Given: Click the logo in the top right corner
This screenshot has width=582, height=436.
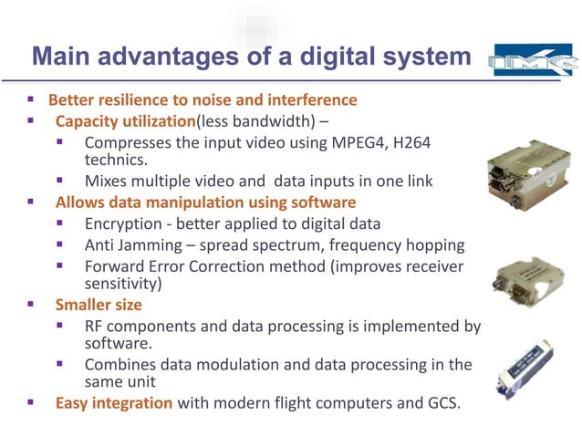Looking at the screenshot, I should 533,60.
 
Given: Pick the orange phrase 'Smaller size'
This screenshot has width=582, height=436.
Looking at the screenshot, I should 99,305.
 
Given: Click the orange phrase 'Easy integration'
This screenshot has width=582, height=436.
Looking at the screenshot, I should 113,402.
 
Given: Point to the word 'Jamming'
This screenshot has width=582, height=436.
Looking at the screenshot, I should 150,244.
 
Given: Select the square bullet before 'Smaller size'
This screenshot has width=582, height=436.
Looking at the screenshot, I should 30,305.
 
